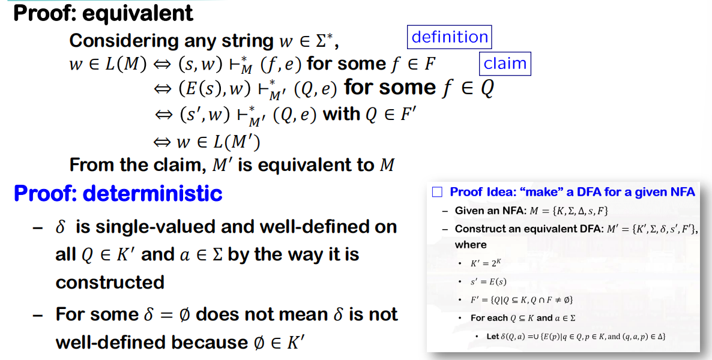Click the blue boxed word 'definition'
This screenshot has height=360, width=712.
[450, 37]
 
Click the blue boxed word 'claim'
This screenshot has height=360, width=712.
[505, 63]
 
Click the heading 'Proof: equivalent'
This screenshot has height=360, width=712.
[103, 13]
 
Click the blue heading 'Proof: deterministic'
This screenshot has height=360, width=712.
[118, 193]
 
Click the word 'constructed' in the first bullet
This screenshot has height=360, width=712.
[110, 282]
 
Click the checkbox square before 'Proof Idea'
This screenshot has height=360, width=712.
[437, 192]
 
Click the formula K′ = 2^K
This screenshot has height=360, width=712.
[486, 263]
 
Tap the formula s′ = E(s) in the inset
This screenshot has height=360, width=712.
[488, 281]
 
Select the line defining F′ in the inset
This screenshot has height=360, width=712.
[522, 299]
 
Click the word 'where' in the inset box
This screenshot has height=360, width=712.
[471, 245]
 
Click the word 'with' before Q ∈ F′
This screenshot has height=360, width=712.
[342, 115]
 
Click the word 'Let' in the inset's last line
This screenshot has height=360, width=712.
[493, 337]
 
